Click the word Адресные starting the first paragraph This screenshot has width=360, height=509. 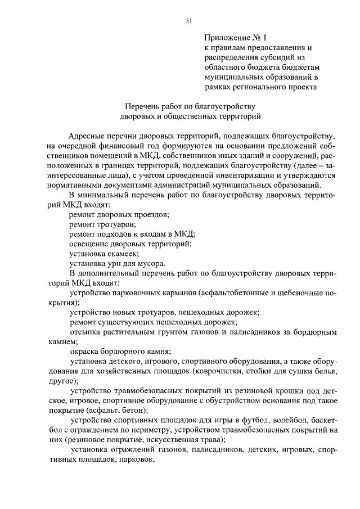84,136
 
